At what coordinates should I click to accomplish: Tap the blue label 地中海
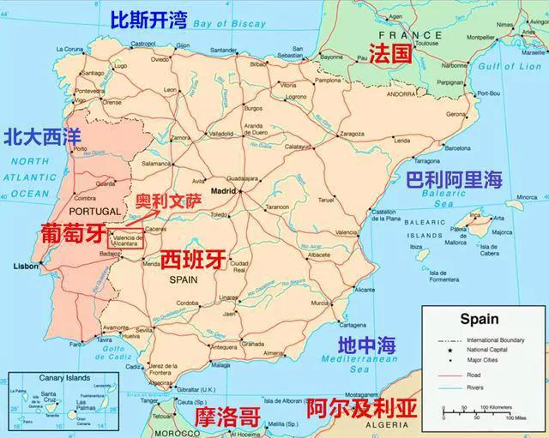[366, 345]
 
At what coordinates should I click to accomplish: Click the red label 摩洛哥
[226, 417]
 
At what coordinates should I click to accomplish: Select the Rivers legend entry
[474, 388]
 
